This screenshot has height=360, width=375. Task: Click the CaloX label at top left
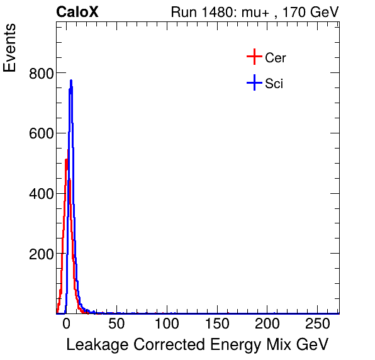[x=77, y=12]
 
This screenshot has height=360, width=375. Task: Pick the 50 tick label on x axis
[x=116, y=325]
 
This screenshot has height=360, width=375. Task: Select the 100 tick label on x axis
[x=167, y=325]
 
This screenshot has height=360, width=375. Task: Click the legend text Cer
[x=276, y=58]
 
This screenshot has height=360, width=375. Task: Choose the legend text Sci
[x=274, y=83]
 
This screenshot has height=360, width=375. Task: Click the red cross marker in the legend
[x=254, y=57]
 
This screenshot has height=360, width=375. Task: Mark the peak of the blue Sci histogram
[x=71, y=81]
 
